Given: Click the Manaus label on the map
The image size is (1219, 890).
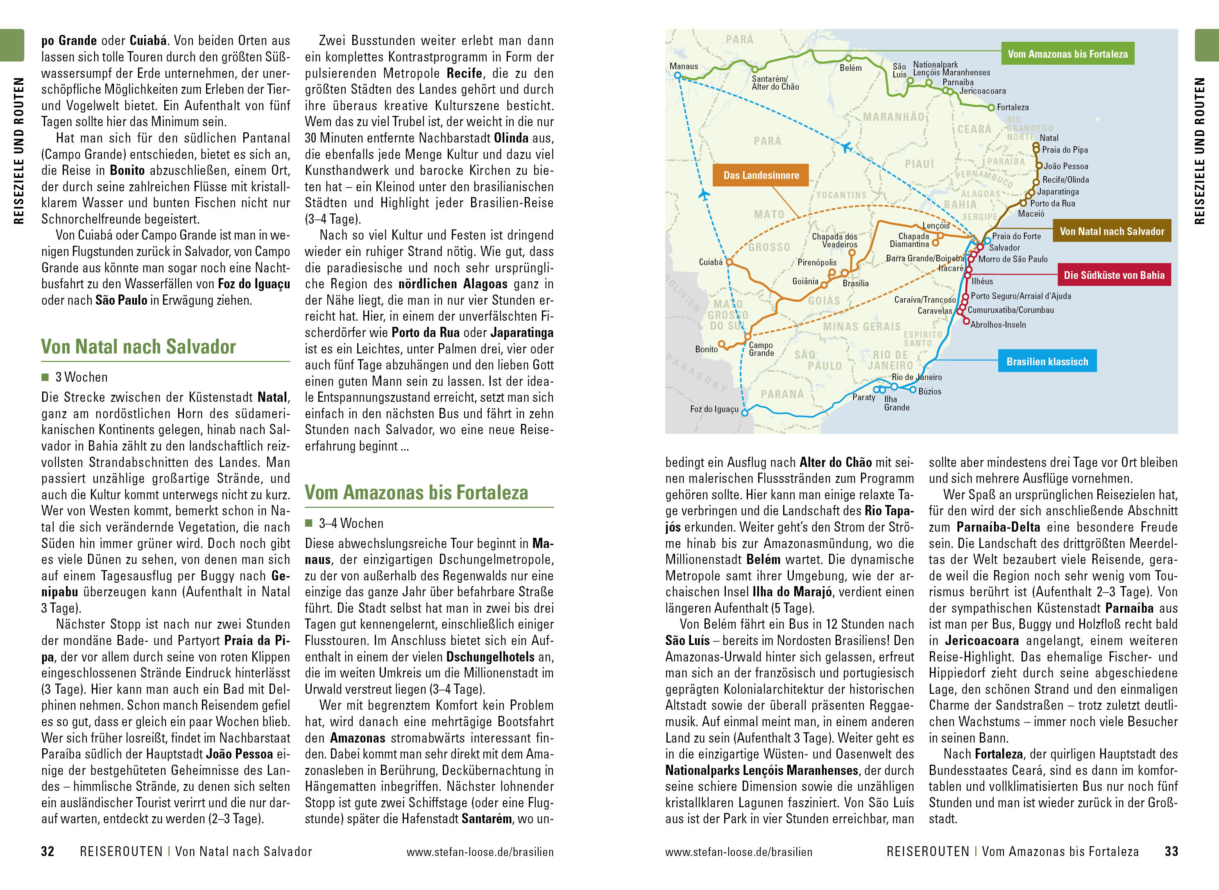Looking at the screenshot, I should [683, 66].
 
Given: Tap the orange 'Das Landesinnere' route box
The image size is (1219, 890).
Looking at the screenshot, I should [761, 175].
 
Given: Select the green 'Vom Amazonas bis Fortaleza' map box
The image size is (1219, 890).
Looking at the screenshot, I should [1067, 54].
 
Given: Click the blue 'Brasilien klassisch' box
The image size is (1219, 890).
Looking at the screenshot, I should [1047, 362].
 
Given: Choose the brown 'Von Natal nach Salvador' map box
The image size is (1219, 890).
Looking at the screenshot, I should [1111, 231].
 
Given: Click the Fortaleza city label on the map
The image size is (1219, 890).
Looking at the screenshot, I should [1012, 107].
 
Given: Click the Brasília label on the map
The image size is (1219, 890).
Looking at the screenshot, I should [855, 283].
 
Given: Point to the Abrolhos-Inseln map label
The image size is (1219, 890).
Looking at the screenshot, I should [998, 324].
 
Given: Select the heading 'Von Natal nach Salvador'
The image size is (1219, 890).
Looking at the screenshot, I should [138, 346].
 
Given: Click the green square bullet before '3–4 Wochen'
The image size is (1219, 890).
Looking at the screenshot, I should [309, 523].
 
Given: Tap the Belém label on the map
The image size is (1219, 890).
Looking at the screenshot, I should [850, 68].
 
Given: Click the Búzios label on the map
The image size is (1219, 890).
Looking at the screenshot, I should [930, 391].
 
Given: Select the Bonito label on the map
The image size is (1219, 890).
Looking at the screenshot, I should [706, 349].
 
